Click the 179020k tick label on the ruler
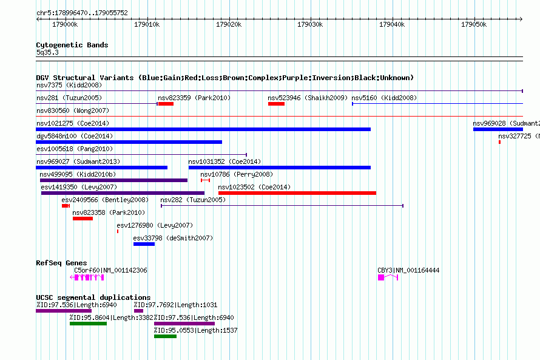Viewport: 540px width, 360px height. click(229, 24)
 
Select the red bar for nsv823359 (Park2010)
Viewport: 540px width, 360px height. click(166, 104)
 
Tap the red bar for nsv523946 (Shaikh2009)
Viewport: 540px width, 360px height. click(276, 104)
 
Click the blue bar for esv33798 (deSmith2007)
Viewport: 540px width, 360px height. click(144, 244)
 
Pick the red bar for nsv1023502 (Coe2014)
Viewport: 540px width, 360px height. click(297, 193)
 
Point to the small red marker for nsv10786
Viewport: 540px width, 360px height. click(205, 180)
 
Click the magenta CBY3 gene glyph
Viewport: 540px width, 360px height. click(388, 277)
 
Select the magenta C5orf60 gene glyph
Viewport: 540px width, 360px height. click(87, 277)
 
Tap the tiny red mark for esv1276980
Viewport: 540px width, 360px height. click(118, 231)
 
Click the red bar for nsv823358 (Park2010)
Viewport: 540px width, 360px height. click(83, 219)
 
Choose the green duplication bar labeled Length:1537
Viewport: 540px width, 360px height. click(165, 336)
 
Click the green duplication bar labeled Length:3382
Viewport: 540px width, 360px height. click(88, 324)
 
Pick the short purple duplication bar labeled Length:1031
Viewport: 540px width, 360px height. click(138, 311)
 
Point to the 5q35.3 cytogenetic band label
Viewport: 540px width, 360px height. click(47, 52)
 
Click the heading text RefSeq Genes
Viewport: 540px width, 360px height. click(61, 263)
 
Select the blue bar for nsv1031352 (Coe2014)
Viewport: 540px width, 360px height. click(280, 168)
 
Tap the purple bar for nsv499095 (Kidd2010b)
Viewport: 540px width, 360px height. click(113, 180)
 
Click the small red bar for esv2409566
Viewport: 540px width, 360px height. click(66, 206)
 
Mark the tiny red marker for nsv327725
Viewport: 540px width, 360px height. click(499, 142)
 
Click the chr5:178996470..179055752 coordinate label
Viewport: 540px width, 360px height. click(82, 13)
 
